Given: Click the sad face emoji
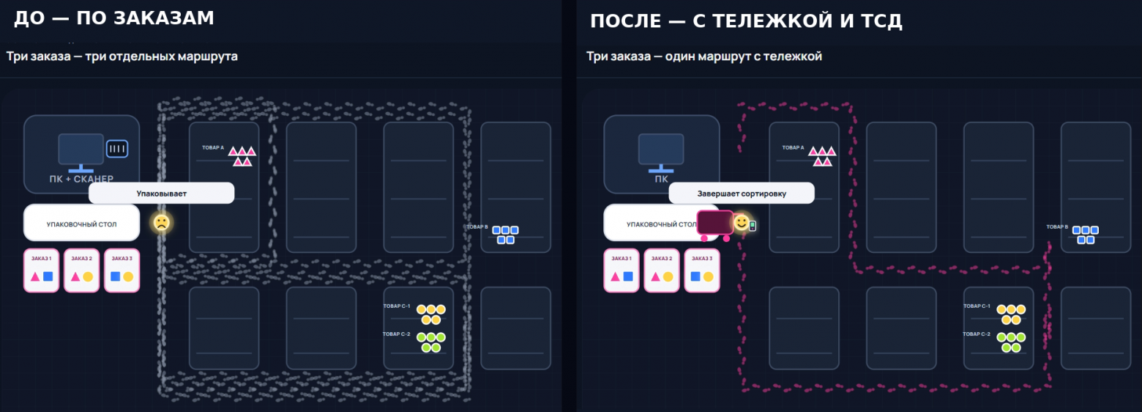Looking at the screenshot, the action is (x=162, y=223).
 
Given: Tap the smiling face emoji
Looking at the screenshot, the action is (x=742, y=223).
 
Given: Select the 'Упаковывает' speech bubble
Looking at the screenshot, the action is (x=162, y=194).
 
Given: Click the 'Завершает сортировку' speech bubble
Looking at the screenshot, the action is (x=742, y=194).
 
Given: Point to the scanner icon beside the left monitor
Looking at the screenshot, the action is (x=116, y=149).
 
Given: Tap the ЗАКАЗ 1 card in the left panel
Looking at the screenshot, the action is (x=41, y=271).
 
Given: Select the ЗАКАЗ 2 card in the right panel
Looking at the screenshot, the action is (x=662, y=271).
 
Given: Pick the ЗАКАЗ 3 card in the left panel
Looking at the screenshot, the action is (x=122, y=271).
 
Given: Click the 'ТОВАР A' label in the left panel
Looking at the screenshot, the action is (x=213, y=147).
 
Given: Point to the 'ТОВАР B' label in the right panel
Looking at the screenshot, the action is (x=1057, y=227).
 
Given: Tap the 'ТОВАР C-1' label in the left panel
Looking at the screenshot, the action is (x=397, y=306).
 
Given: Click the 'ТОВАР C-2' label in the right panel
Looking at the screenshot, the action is (x=977, y=334).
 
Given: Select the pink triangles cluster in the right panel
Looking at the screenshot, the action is (x=822, y=156).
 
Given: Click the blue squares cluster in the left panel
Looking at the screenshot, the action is (x=505, y=235).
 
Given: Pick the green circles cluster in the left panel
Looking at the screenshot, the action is (x=430, y=342).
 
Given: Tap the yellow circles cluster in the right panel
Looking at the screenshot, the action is (x=1011, y=314).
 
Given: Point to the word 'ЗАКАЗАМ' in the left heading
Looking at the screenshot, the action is (x=164, y=18).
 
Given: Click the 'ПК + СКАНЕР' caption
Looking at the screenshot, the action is (x=81, y=179).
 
